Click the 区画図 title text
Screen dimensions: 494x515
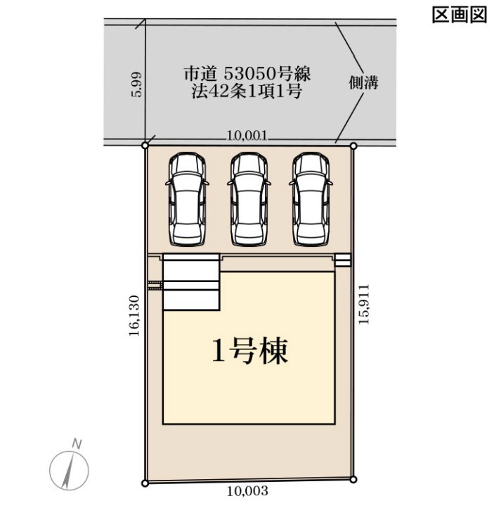459,15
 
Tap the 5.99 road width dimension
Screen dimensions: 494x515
136,84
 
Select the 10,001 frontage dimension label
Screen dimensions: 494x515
247,136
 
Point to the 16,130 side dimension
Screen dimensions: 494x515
134,316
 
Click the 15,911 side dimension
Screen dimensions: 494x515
364,305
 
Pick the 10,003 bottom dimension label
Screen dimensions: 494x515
247,491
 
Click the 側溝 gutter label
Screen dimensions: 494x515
363,82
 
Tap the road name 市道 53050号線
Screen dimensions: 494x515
247,74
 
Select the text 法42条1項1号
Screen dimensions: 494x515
247,91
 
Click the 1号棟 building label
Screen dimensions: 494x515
250,351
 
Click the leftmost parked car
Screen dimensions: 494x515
188,199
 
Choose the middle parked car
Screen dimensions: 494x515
249,199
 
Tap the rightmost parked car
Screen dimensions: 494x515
311,199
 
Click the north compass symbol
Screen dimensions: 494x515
69,471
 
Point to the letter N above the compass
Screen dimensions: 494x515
77,444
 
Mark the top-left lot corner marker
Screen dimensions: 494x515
145,145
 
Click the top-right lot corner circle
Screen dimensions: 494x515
353,146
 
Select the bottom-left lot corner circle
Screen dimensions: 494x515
145,483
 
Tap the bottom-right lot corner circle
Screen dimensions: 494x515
353,480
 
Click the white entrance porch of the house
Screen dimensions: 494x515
191,282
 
